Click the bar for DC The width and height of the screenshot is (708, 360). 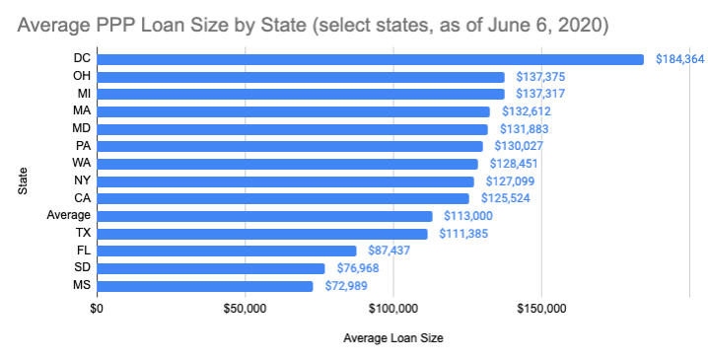click(x=370, y=59)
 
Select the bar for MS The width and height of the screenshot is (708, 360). click(x=204, y=286)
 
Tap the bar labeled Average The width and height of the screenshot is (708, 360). click(x=264, y=216)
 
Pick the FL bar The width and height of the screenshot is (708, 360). click(x=226, y=251)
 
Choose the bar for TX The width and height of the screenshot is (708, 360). click(x=261, y=234)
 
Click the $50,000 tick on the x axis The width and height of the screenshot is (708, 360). click(x=246, y=309)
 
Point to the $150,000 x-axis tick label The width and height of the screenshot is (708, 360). click(x=541, y=309)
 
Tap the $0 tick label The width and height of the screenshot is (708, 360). click(x=97, y=309)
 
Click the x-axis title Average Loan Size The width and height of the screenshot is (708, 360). click(x=392, y=338)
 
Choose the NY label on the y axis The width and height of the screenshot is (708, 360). click(x=83, y=181)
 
